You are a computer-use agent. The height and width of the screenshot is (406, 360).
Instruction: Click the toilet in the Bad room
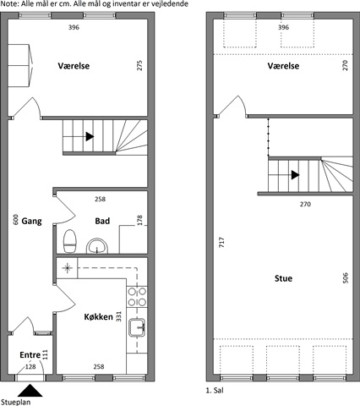(x=70, y=241)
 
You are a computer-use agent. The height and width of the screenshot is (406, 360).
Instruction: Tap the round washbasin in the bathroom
(x=97, y=246)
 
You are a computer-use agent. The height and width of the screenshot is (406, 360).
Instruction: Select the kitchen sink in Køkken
(x=137, y=327)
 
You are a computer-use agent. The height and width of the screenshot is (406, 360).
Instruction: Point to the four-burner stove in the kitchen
(x=137, y=297)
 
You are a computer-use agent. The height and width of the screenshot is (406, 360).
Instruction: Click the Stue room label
(x=283, y=278)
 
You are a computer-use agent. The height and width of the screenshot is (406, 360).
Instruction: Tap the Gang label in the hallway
(x=31, y=221)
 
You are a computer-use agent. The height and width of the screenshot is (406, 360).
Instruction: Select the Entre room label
(x=30, y=354)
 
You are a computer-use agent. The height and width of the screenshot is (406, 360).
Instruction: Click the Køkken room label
(x=98, y=317)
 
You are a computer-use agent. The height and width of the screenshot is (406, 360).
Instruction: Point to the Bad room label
(x=102, y=221)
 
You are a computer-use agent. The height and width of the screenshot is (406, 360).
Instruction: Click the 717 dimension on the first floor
(x=221, y=243)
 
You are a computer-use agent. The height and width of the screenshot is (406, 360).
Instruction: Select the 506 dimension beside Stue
(x=346, y=278)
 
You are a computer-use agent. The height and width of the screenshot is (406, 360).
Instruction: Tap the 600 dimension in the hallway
(x=16, y=220)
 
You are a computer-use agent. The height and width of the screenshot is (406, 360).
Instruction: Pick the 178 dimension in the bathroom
(x=139, y=220)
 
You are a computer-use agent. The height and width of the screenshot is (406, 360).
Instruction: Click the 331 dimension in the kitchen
(x=118, y=316)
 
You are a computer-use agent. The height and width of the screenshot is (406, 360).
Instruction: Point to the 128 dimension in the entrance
(x=30, y=366)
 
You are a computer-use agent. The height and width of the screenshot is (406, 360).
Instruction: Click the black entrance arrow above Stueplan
(x=30, y=391)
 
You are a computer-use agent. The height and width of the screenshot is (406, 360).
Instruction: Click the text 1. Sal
(x=215, y=391)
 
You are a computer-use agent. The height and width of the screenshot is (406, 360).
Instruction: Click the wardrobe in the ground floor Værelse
(x=20, y=65)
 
